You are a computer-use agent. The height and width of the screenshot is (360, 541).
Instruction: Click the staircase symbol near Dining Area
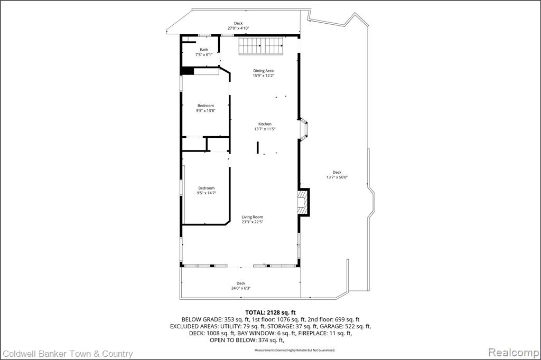pyautogui.click(x=261, y=45)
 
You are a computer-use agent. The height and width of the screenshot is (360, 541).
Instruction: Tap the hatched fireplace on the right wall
pyautogui.click(x=302, y=202)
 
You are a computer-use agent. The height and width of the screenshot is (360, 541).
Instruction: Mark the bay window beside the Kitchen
pyautogui.click(x=303, y=129)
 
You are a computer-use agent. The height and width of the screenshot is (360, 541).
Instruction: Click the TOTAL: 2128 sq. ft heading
pyautogui.click(x=270, y=313)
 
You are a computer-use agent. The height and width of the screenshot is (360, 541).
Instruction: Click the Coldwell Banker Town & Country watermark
pyautogui.click(x=68, y=354)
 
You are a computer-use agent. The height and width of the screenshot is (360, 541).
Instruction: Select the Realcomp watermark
pyautogui.click(x=514, y=353)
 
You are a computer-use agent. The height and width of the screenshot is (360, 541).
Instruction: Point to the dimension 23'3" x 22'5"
pyautogui.click(x=252, y=222)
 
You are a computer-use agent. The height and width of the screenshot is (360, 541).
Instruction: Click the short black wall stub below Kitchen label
pyautogui.click(x=257, y=147)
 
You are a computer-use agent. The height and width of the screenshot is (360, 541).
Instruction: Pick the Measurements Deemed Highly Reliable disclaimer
pyautogui.click(x=295, y=350)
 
